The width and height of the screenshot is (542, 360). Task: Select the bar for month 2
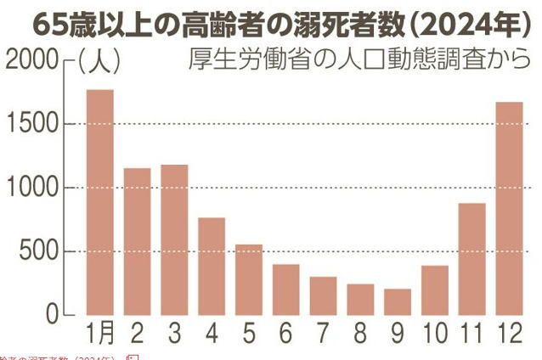click(x=137, y=241)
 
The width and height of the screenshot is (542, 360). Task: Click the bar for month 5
click(x=249, y=279)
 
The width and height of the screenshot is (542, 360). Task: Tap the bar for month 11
click(x=472, y=259)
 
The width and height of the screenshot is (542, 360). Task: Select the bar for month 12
click(x=510, y=208)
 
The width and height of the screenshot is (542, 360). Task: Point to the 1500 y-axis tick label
click(x=32, y=124)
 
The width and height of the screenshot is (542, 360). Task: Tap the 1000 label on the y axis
click(x=32, y=188)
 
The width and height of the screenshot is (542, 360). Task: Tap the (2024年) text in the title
click(x=463, y=25)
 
